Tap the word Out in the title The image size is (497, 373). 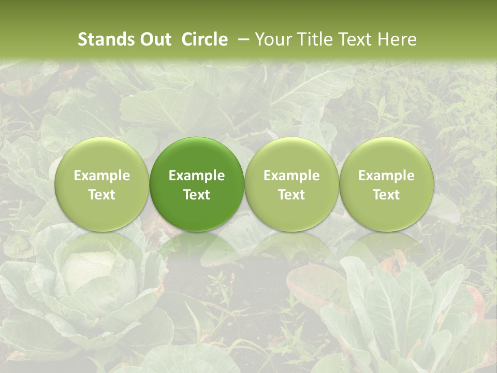[155, 39]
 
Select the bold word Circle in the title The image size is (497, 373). [204, 39]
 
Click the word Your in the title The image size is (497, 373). [272, 39]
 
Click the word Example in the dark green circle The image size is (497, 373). [197, 176]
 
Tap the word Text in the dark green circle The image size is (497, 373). [197, 195]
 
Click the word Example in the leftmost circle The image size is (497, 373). [101, 176]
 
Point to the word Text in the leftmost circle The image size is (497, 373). [101, 195]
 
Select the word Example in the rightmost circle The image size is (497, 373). [386, 176]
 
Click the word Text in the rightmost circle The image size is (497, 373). [386, 195]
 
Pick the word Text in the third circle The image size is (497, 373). [291, 195]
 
